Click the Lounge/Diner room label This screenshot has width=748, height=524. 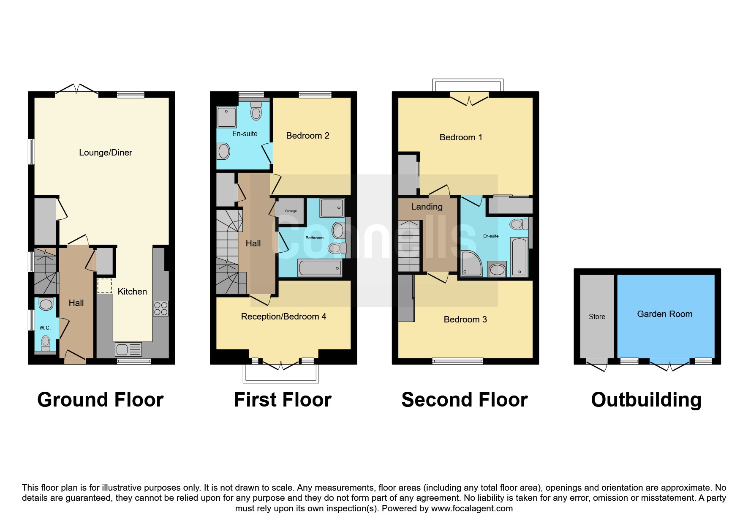(106, 153)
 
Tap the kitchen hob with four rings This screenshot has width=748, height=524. (160, 308)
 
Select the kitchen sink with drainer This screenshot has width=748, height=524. (128, 349)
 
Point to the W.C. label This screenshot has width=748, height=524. (45, 328)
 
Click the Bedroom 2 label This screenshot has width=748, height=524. (307, 136)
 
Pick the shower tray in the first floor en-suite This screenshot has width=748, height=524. (227, 117)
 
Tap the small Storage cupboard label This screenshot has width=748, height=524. (291, 211)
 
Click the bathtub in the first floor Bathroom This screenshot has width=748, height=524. (320, 268)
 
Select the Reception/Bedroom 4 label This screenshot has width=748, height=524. (283, 317)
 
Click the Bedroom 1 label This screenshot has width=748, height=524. (461, 137)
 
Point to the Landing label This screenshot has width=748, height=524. (427, 207)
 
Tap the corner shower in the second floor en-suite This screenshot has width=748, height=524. (471, 263)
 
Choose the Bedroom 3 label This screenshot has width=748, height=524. (465, 319)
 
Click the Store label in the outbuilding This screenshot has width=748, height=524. (597, 317)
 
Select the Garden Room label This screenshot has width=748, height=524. (665, 314)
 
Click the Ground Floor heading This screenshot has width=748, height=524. (101, 400)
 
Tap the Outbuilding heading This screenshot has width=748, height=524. (646, 400)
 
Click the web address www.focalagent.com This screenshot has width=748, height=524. (472, 508)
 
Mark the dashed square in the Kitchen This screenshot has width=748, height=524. (105, 286)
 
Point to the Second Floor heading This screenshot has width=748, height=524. (465, 400)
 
